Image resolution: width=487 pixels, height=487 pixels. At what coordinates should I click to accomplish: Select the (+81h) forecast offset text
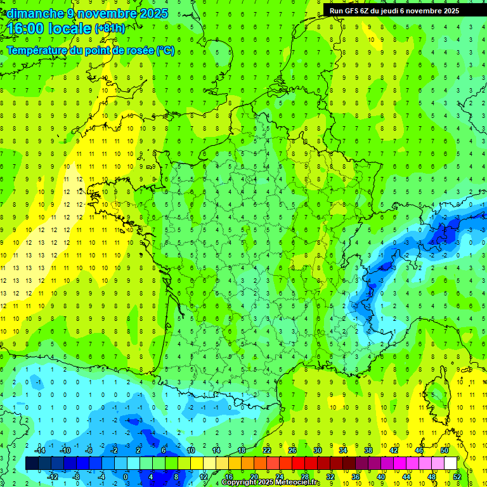click(x=110, y=29)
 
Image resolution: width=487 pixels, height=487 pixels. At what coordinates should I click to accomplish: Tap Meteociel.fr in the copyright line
click(x=297, y=483)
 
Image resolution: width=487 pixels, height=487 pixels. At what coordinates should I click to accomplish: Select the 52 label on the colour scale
click(x=457, y=476)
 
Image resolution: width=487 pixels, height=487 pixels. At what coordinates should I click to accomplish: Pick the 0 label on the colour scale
click(x=126, y=476)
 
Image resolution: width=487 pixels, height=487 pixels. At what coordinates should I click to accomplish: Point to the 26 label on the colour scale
click(x=292, y=450)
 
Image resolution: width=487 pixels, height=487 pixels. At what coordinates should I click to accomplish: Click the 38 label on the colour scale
click(x=368, y=450)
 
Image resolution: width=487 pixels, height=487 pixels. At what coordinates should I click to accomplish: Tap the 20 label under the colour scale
click(x=254, y=476)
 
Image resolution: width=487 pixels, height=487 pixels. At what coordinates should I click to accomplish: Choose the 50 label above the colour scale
click(x=444, y=450)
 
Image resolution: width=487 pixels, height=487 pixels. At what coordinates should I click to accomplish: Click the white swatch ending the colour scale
click(x=450, y=464)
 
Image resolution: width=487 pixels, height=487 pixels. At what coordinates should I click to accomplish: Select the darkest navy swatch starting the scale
click(x=32, y=464)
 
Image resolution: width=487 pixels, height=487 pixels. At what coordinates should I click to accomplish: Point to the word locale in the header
click(x=69, y=29)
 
